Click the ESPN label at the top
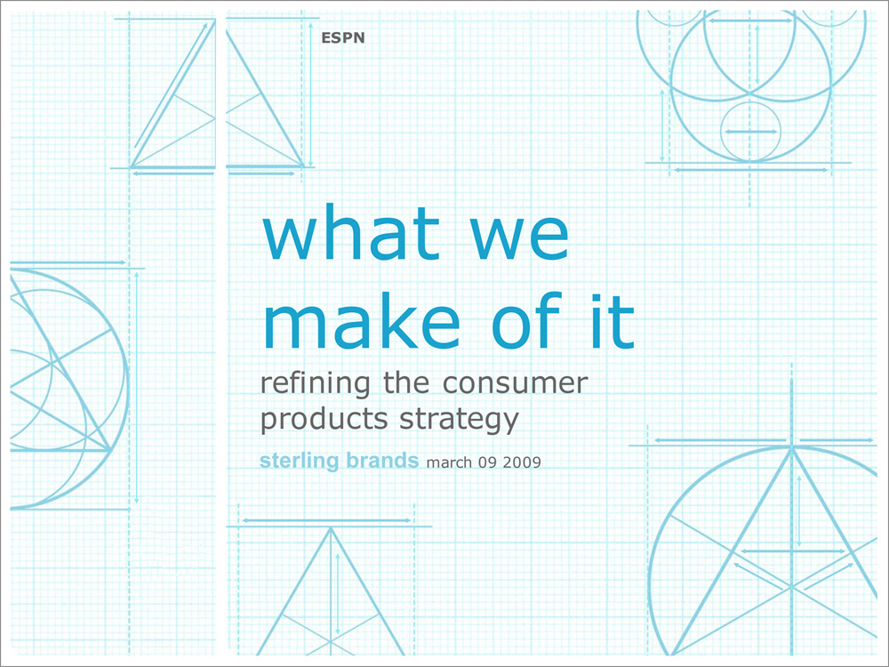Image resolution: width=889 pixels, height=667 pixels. pyautogui.click(x=342, y=38)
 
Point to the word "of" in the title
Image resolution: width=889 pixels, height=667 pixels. pyautogui.click(x=526, y=319)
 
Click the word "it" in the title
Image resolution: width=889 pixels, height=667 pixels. pyautogui.click(x=612, y=320)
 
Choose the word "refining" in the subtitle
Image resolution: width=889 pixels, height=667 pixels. pyautogui.click(x=315, y=384)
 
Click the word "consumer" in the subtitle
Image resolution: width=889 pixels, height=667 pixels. pyautogui.click(x=516, y=384)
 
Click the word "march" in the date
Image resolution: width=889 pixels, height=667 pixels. pyautogui.click(x=449, y=462)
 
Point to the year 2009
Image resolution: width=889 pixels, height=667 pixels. pyautogui.click(x=522, y=462)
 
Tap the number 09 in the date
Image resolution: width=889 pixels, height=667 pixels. pyautogui.click(x=487, y=462)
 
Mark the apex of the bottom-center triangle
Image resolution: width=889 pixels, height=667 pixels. pyautogui.click(x=331, y=527)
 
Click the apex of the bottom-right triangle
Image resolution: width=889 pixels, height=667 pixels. pyautogui.click(x=791, y=447)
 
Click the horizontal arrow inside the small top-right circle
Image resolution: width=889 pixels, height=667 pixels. pyautogui.click(x=751, y=133)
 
